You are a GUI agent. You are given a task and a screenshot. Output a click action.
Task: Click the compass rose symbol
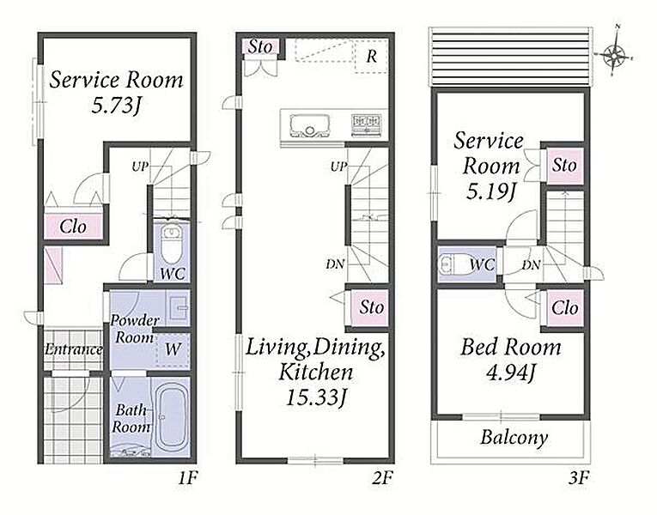[x=614, y=55]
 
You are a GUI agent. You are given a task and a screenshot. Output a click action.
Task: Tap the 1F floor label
[x=187, y=478]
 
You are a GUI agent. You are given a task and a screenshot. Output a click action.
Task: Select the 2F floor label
[x=382, y=478]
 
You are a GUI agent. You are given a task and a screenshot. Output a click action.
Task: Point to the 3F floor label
[x=579, y=478]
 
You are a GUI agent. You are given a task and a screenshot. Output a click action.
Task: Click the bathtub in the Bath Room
[x=171, y=416]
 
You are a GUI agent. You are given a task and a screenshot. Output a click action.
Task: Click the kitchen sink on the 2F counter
[x=309, y=125]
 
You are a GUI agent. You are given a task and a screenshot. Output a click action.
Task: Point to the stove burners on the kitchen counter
[x=367, y=124]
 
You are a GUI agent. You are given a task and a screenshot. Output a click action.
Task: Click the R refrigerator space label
[x=371, y=57]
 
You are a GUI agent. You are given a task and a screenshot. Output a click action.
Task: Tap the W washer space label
[x=173, y=348]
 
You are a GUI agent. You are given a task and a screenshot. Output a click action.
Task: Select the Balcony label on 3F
[x=514, y=438]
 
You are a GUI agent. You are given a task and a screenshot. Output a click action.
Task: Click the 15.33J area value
[x=316, y=397]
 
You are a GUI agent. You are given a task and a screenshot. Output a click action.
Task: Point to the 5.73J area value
[x=115, y=105]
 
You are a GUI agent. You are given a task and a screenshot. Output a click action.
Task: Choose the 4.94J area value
[x=511, y=373]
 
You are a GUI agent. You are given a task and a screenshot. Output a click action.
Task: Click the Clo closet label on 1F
[x=73, y=227]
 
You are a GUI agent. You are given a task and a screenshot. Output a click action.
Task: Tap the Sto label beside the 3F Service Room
[x=564, y=165]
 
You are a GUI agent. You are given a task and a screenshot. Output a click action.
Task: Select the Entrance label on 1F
[x=74, y=349]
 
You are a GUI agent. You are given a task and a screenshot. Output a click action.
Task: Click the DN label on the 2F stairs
[x=335, y=264]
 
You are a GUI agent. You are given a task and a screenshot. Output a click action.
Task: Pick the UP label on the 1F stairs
[x=140, y=167]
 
